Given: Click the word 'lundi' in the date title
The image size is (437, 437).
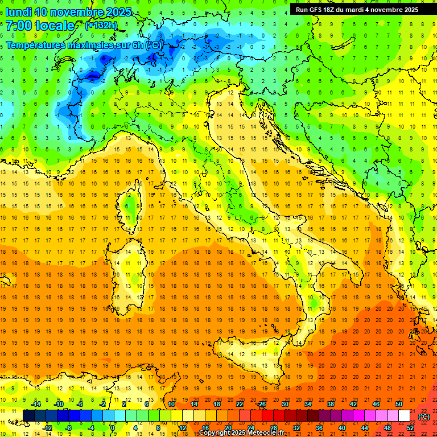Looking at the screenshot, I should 18,12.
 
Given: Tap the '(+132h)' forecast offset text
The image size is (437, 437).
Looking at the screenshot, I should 101,25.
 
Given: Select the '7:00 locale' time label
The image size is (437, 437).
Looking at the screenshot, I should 40,26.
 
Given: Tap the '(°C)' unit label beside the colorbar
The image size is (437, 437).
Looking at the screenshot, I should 424,417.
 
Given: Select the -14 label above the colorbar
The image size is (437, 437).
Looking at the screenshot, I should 36,404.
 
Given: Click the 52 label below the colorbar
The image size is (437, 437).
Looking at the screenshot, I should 410,428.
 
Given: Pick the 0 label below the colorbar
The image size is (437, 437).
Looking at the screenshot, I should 113,428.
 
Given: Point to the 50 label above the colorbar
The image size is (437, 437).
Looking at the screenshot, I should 398,404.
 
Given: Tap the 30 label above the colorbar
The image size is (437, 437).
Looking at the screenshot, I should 285,404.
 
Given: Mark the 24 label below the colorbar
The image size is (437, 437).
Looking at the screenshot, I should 250,428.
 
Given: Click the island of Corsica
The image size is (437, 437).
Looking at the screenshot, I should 132,208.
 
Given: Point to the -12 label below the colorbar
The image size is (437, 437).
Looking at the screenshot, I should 47,428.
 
